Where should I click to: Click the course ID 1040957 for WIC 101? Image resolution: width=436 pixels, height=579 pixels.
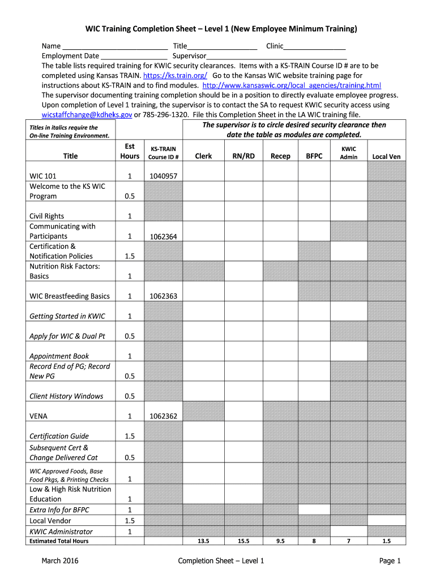coord(163,176)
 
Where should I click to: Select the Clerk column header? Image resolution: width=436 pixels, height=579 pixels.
coord(203,157)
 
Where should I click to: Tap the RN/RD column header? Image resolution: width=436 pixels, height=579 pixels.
coord(243,157)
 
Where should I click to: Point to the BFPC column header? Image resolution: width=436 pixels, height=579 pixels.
coord(314,157)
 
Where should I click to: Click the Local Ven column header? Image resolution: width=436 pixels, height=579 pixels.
coord(386,157)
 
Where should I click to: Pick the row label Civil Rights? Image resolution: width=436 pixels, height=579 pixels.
coord(47,216)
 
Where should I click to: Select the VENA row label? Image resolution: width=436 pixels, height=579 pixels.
coord(39,416)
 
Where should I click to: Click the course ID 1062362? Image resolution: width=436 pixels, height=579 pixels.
coord(163,416)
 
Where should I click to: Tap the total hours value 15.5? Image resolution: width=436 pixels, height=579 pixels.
coord(243,541)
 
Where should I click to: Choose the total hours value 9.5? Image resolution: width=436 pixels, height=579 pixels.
coord(280,541)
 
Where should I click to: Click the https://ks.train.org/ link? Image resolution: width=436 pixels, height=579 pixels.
coord(175,75)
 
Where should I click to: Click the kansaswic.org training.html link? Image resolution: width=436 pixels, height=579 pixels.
coord(292,85)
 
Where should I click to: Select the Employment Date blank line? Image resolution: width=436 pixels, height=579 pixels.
coord(134,57)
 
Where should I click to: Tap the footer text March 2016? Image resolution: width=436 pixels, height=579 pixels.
coord(59,561)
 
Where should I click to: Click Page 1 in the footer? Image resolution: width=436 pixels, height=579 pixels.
coord(390,561)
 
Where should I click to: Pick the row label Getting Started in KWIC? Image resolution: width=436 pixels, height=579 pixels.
coord(67,316)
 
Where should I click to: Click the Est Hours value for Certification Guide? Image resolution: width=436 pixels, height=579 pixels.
coord(130,436)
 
